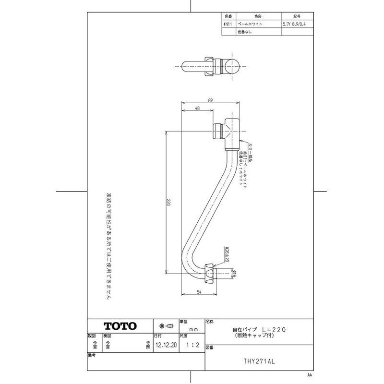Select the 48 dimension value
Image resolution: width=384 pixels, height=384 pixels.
(x=197, y=109)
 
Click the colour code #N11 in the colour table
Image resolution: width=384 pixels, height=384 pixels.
(x=228, y=23)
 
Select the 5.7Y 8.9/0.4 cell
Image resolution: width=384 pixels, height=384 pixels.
(x=294, y=23)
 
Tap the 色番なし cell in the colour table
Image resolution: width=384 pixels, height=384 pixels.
(x=244, y=32)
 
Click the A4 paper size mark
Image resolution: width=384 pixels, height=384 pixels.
(x=310, y=374)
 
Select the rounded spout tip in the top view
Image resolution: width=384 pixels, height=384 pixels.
(x=236, y=66)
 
